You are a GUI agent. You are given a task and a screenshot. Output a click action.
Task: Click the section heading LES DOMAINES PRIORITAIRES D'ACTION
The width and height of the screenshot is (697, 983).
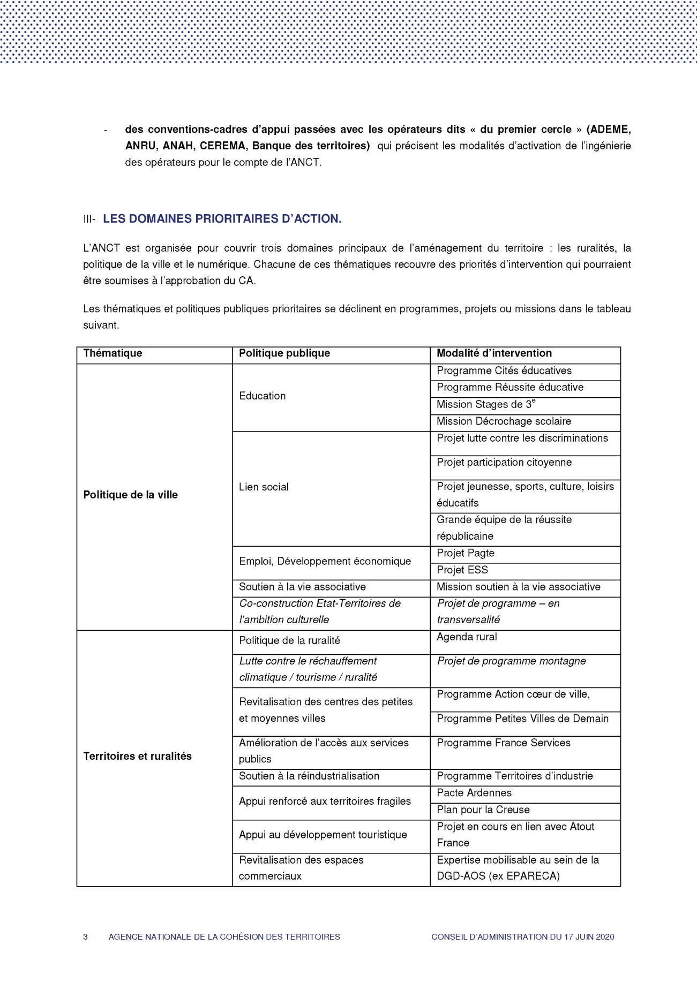tap(222, 219)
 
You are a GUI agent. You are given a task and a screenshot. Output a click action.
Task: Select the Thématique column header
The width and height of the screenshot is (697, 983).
tap(113, 353)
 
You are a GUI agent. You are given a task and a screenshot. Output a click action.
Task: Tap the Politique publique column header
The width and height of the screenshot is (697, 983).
tap(284, 353)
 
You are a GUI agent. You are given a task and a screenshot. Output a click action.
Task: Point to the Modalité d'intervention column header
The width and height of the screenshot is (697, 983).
tap(494, 353)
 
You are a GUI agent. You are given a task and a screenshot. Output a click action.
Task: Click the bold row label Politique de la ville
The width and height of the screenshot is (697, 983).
tap(130, 495)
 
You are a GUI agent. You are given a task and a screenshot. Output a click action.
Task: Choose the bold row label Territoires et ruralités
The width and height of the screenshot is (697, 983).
tap(137, 757)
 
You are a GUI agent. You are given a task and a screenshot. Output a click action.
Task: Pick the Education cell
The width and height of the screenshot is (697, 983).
tap(262, 396)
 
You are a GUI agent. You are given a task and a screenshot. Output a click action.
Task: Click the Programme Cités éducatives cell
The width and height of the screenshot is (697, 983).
tap(504, 371)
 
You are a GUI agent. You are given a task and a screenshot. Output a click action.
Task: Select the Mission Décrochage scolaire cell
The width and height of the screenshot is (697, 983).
tap(504, 422)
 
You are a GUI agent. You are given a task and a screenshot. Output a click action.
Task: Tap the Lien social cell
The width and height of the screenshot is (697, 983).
tap(264, 487)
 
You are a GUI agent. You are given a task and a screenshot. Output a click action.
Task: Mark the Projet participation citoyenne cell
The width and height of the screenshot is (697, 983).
tap(504, 463)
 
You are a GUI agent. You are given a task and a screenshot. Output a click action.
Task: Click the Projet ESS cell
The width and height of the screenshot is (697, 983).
tap(462, 570)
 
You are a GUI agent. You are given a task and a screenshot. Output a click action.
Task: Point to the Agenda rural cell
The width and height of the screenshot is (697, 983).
tap(467, 637)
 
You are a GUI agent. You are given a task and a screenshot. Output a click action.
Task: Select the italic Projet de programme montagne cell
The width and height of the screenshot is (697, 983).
tap(511, 661)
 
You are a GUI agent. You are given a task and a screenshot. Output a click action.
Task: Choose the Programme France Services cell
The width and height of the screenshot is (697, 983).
tap(503, 743)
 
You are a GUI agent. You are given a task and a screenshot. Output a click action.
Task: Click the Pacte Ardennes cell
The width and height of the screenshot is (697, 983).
tap(474, 793)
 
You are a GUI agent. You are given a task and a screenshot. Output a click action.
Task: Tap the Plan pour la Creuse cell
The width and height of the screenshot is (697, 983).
tap(483, 810)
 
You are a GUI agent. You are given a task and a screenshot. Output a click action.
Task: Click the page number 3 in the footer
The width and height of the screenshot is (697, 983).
tap(85, 937)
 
